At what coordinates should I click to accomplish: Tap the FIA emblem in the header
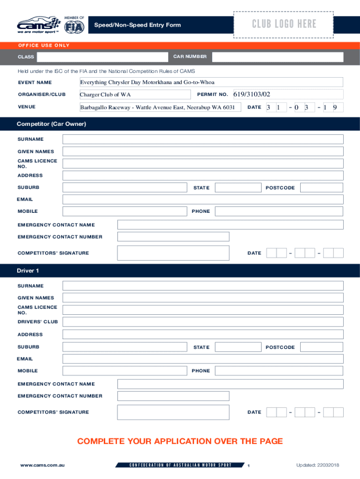pyautogui.click(x=76, y=27)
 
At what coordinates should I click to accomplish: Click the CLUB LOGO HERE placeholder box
pyautogui.click(x=283, y=24)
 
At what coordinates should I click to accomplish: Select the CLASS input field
pyautogui.click(x=102, y=57)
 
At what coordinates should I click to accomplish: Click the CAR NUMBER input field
pyautogui.click(x=277, y=57)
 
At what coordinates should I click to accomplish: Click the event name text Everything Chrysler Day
pyautogui.click(x=147, y=82)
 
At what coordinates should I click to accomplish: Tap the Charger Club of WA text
pyautogui.click(x=105, y=95)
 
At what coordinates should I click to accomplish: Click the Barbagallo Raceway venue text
pyautogui.click(x=157, y=108)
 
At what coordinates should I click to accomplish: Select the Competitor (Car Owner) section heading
pyautogui.click(x=51, y=124)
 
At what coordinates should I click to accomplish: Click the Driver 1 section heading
pyautogui.click(x=28, y=271)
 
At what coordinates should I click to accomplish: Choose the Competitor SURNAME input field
pyautogui.click(x=203, y=139)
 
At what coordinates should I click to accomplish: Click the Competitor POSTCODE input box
pyautogui.click(x=321, y=188)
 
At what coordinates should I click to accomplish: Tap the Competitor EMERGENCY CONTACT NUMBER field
pyautogui.click(x=173, y=237)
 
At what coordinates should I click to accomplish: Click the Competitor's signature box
pyautogui.click(x=173, y=253)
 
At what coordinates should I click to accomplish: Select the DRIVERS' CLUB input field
pyautogui.click(x=203, y=322)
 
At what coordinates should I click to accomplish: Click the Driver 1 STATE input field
pyautogui.click(x=238, y=347)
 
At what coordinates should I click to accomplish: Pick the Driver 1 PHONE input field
pyautogui.click(x=279, y=371)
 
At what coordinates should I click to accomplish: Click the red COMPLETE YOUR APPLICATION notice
pyautogui.click(x=180, y=441)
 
